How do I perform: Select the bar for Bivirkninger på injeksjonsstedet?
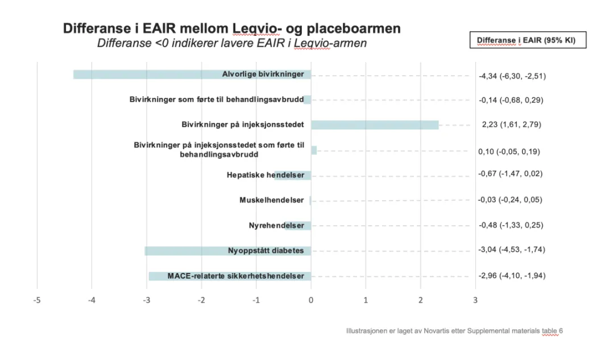(x=375, y=125)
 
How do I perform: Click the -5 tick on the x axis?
(x=37, y=300)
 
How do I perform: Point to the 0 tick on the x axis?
(x=311, y=300)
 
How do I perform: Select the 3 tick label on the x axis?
(x=475, y=300)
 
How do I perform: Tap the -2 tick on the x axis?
(x=201, y=300)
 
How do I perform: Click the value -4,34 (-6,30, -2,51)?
(x=512, y=76)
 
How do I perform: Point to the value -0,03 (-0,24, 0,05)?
(x=511, y=200)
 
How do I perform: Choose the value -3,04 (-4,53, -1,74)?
(x=512, y=250)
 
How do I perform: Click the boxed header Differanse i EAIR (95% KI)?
(x=528, y=40)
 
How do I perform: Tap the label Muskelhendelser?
(x=272, y=200)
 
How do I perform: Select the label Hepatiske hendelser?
(x=265, y=175)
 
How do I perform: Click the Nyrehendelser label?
(x=276, y=225)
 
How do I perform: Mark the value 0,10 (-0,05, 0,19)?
(x=509, y=151)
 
